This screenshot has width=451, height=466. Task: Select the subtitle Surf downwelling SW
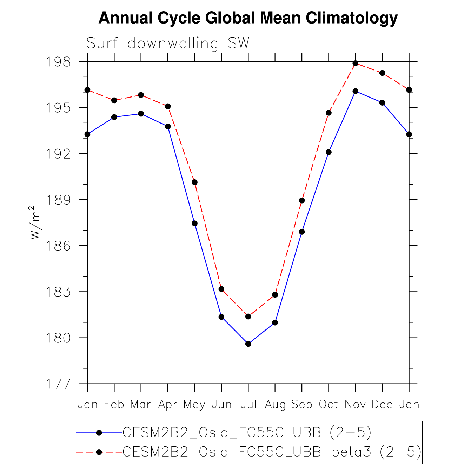[x=168, y=44]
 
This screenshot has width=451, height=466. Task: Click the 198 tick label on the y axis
[x=58, y=62]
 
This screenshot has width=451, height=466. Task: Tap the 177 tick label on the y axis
[x=58, y=384]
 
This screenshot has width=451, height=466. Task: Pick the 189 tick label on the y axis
[x=58, y=200]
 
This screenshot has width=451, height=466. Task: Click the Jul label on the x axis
[x=248, y=405]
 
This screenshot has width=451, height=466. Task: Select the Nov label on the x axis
[x=355, y=405]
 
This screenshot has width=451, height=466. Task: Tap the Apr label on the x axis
[x=168, y=405]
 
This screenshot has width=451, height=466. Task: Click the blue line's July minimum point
[x=248, y=344]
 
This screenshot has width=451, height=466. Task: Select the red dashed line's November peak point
[x=356, y=63]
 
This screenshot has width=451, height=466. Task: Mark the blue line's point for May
[x=194, y=224]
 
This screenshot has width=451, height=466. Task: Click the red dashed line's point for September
[x=302, y=200]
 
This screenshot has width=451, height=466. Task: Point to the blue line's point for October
[x=329, y=152]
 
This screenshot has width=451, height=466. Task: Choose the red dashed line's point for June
[x=221, y=289]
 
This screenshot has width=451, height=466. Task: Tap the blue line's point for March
[x=141, y=114]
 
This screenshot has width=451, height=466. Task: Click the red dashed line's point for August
[x=275, y=295]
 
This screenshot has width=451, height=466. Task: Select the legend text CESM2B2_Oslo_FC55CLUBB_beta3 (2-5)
[x=272, y=452]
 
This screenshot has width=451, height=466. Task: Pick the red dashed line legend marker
[x=99, y=452]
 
